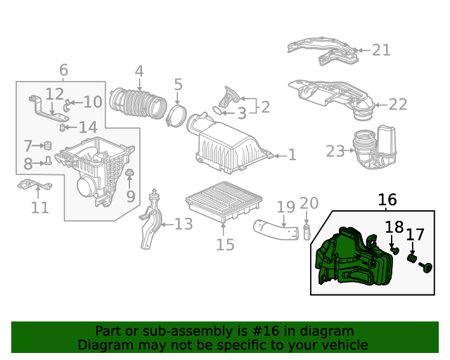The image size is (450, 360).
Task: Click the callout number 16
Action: point(387,200)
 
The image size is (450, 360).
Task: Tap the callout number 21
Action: point(380,50)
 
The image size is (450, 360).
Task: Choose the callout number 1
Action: point(292,155)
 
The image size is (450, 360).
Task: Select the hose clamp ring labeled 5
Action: point(176,115)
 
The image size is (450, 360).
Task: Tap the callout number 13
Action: point(184,224)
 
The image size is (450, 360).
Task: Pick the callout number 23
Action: point(335,151)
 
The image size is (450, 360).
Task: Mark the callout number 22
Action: point(398,105)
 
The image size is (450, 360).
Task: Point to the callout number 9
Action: point(131,196)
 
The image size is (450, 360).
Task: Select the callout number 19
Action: point(285,207)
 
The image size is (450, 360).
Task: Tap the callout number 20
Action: point(309,204)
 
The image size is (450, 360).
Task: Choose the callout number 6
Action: point(63,70)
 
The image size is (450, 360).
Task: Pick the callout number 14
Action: point(88,128)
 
